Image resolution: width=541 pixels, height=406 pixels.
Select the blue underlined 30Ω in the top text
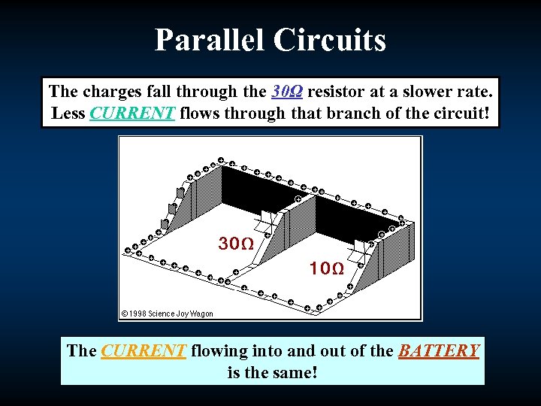[287, 92]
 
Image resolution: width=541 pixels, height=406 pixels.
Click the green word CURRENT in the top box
[132, 114]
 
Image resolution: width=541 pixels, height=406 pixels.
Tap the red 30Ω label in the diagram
[235, 244]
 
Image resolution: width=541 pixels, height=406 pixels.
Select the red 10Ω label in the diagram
[327, 268]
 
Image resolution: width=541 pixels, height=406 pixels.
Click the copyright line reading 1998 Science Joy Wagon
[167, 314]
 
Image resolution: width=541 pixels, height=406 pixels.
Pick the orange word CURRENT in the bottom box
[143, 351]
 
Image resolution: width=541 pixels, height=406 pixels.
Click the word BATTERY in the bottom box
[439, 351]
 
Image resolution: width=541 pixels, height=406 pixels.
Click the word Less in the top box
[68, 114]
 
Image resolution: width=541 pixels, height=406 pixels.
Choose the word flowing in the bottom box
[218, 351]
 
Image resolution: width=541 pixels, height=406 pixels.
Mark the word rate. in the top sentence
[472, 92]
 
